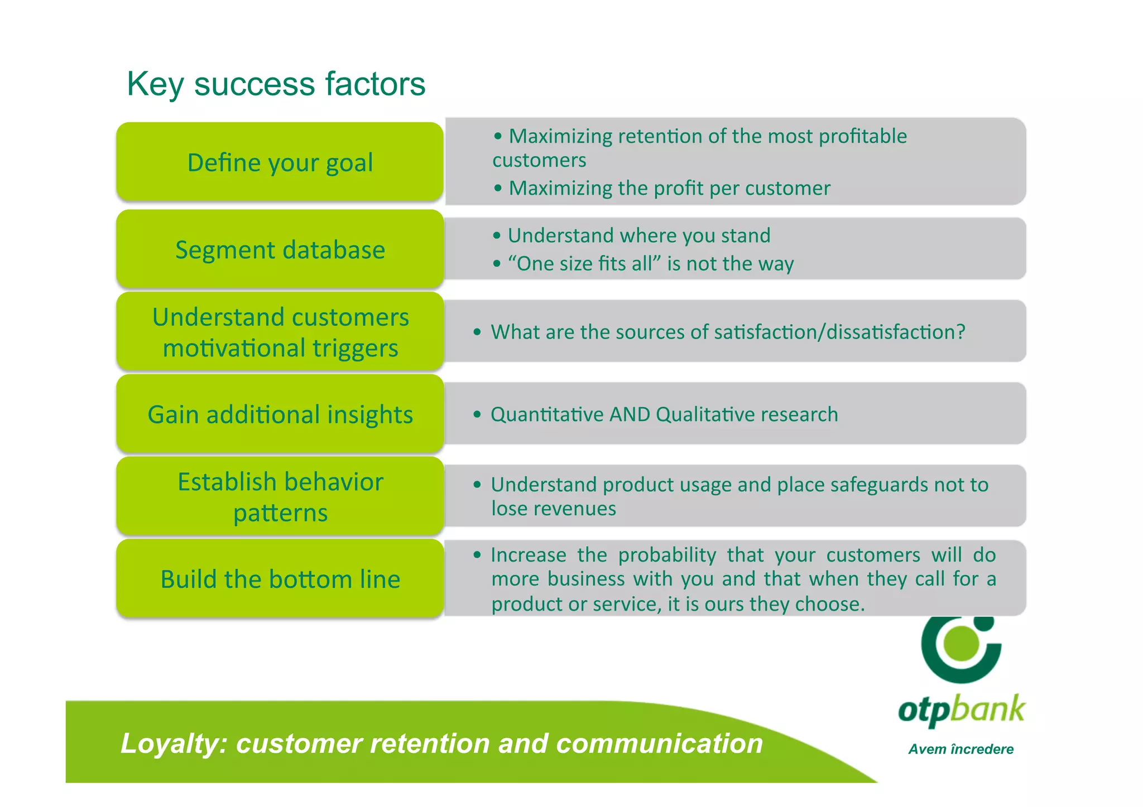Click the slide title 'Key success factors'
coord(276,84)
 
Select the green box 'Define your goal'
coord(280,162)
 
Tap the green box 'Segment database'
coord(280,249)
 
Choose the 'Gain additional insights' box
coord(280,414)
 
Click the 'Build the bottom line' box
coord(280,579)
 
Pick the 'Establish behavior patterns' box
coord(280,496)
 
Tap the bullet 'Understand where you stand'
coord(638,235)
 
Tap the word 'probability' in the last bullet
coord(667,555)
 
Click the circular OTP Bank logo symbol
coord(961,647)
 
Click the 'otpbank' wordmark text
coord(961,710)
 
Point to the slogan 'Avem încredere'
coord(960,749)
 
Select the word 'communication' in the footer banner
coord(659,743)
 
